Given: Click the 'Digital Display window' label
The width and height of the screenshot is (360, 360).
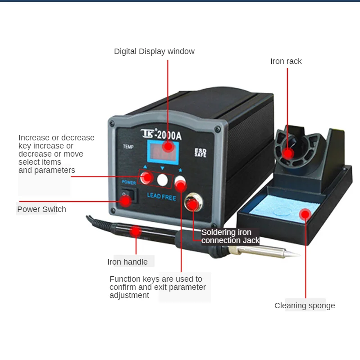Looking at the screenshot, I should pos(154,51).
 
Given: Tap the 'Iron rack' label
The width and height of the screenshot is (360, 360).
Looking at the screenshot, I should pos(286,61).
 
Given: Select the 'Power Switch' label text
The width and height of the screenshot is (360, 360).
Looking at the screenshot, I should pos(41,209).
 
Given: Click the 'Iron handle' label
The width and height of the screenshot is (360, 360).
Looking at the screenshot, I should pos(127,262).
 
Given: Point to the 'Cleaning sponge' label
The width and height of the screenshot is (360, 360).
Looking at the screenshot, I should pos(305,306).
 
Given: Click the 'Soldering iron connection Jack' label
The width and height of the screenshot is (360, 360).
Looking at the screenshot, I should pos(230,236).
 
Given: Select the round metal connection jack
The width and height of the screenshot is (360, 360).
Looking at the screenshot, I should pos(192,203).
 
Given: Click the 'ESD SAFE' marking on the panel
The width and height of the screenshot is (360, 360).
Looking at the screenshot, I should pos(200,153).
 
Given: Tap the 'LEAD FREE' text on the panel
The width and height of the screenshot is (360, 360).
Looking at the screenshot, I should pos(161,197).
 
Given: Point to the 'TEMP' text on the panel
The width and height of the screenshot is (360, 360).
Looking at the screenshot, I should pos(128,147).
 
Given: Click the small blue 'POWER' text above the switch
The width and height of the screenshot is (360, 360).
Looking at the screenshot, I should pos(128,183).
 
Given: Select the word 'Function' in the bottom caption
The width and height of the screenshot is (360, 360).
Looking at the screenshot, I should pos(124,279).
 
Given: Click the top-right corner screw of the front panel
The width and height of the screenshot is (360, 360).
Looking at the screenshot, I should pos(218,129).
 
